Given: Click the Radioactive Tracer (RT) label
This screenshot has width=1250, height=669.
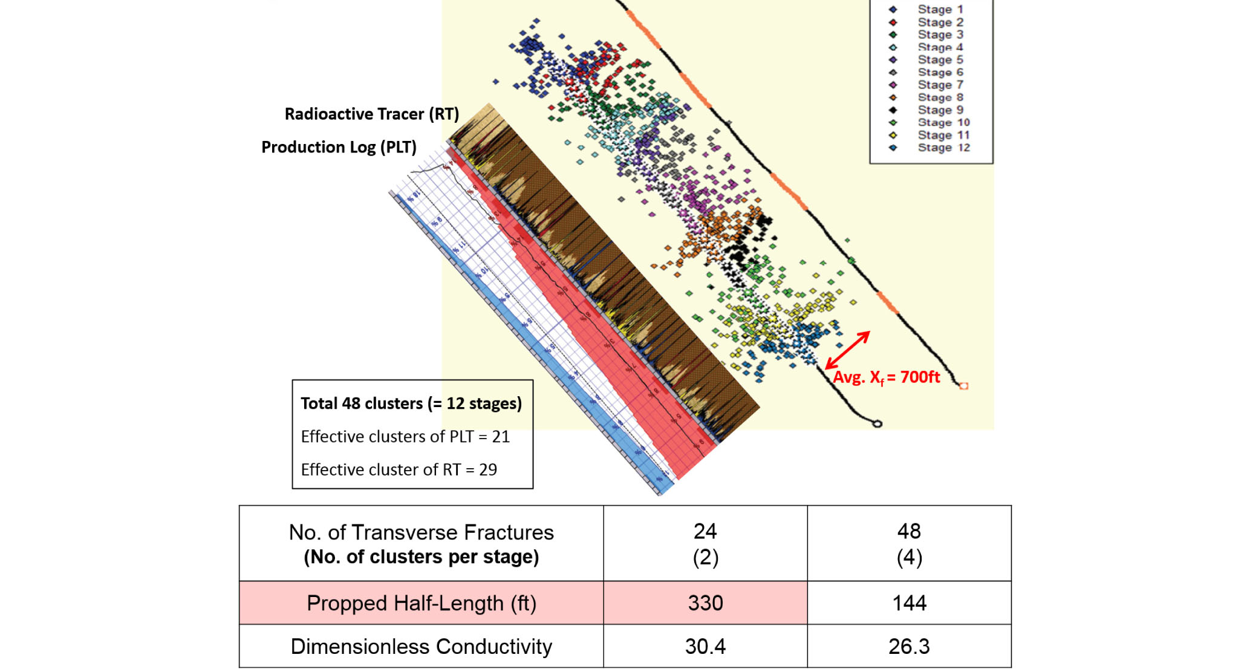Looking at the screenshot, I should point(371,114).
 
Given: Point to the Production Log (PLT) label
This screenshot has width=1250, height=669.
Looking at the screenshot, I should point(339,147).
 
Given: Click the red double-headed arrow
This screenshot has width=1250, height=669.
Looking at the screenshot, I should point(848,350).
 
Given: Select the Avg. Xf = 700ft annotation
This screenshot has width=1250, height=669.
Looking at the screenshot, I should point(886,377).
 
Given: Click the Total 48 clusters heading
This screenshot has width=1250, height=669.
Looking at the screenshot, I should point(411,403).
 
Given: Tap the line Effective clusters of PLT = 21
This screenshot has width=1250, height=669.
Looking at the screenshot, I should point(405,437).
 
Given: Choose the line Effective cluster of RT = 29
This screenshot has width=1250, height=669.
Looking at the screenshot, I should point(399,469).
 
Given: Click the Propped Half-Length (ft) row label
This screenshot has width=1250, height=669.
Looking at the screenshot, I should point(421,603).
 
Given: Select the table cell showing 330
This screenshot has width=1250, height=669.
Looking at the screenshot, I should point(705,603).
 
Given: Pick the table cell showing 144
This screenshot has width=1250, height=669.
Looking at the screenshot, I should point(909,603).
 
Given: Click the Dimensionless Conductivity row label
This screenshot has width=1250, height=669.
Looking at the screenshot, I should point(421,646).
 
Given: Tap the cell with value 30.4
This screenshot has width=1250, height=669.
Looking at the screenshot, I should point(705,646).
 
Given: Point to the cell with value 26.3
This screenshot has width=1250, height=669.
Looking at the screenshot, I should point(909,646).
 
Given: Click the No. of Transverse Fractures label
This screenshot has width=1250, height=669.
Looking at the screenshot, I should point(421,532).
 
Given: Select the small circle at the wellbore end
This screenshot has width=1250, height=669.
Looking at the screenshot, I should point(877,424).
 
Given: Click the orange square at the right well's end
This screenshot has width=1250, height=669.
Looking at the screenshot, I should point(964,386).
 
